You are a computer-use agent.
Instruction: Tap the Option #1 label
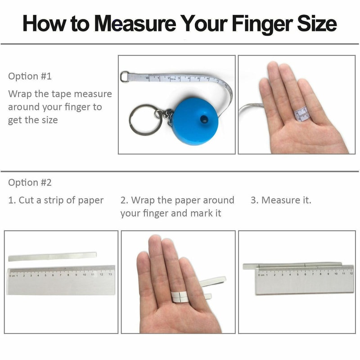(30, 76)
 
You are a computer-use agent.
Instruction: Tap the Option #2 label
(30, 182)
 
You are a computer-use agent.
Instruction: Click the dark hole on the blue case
(204, 120)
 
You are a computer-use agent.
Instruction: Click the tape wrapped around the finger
(301, 114)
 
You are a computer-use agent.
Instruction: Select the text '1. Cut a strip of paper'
(56, 200)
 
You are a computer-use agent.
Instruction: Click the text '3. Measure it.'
(281, 200)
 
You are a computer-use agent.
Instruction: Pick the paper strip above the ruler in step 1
(52, 256)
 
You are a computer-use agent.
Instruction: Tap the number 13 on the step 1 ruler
(110, 274)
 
